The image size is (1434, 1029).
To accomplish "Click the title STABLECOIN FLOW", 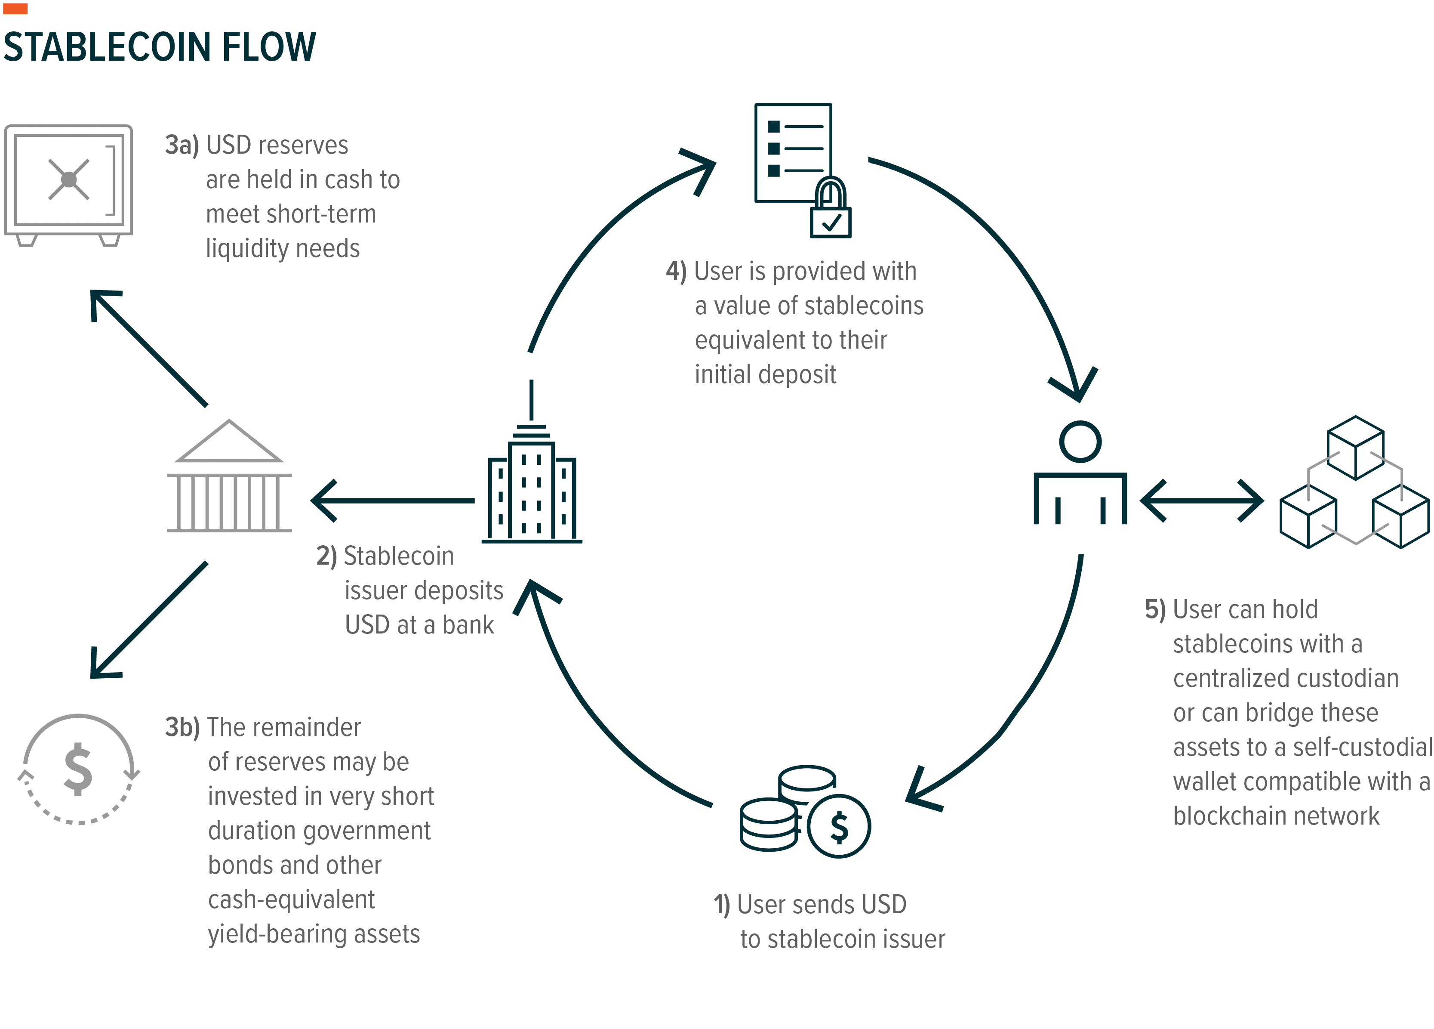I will coord(159,47).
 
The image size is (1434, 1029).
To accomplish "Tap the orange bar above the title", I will coord(15,8).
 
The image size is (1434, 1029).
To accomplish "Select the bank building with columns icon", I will coord(229,478).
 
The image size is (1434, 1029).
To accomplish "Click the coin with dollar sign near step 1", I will coord(839,826).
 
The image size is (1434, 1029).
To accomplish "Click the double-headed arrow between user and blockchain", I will coord(1201,500).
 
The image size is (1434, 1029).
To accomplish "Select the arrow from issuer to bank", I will coord(392,500).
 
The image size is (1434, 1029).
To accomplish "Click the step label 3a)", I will coord(182,145).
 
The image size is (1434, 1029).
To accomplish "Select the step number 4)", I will coord(676,271).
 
